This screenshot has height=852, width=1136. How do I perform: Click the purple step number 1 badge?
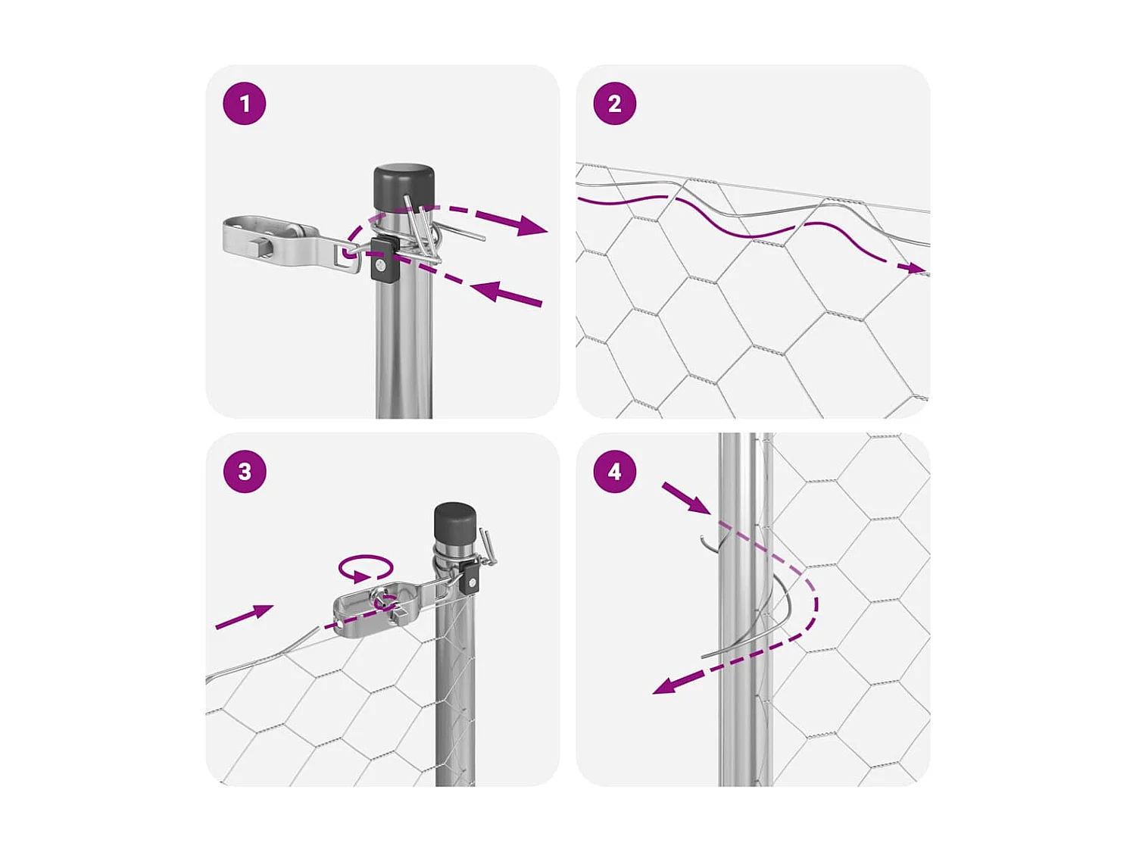tap(245, 104)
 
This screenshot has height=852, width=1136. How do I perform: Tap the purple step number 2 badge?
tap(614, 104)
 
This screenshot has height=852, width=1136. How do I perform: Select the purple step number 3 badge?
tap(245, 471)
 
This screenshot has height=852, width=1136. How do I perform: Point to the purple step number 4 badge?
tap(614, 471)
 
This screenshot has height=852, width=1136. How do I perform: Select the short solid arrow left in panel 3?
tap(244, 616)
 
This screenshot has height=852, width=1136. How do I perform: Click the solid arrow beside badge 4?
tap(686, 498)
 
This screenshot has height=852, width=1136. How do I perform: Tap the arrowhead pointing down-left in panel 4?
tap(667, 686)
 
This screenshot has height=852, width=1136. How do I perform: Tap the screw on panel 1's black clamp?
tap(381, 266)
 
